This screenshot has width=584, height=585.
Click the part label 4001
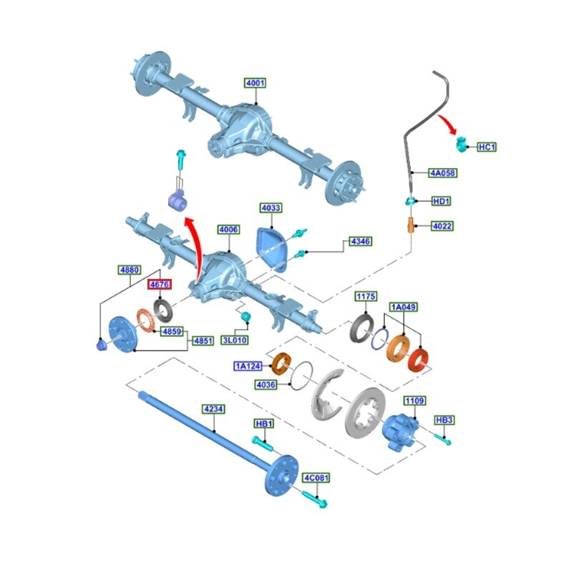tap(255, 83)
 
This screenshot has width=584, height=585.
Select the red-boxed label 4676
tap(157, 285)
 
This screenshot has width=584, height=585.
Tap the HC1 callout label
tap(487, 147)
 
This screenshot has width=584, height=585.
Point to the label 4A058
tap(442, 173)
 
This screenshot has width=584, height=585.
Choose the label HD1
tap(442, 202)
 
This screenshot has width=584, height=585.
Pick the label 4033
tap(271, 208)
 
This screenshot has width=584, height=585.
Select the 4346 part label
tap(360, 242)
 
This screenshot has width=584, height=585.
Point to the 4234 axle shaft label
tap(214, 409)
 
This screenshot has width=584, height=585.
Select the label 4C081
tap(316, 477)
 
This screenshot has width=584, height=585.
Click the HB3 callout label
tap(444, 420)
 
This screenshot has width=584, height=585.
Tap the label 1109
tap(414, 401)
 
